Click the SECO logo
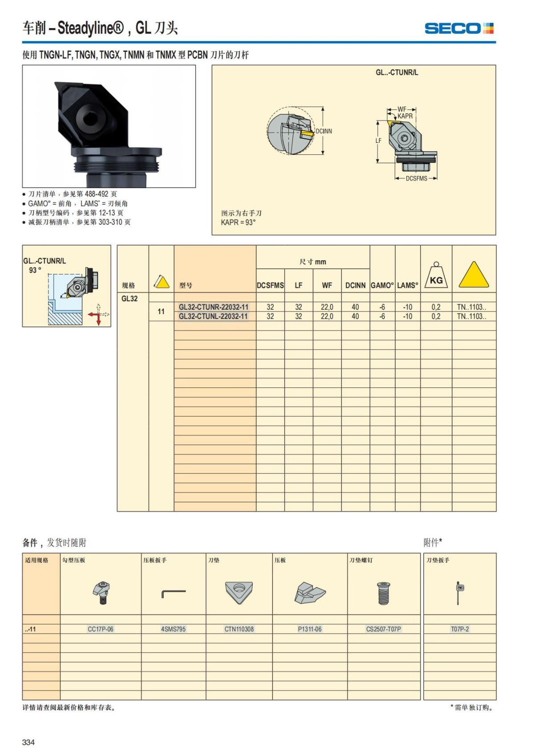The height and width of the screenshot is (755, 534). point(459,28)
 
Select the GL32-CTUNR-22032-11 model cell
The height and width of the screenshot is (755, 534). point(214,307)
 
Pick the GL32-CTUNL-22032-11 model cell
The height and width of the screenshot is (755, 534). point(214,316)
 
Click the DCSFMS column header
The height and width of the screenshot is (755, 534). point(270,286)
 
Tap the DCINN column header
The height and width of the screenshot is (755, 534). point(355,286)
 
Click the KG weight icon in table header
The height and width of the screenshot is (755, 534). point(436,276)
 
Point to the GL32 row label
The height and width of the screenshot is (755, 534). point(129,299)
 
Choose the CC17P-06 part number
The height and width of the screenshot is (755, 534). point(101,629)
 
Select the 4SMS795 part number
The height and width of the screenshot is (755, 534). point(173,629)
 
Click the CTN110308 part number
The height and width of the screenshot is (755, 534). point(239,629)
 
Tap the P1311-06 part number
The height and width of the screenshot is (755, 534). point(310,629)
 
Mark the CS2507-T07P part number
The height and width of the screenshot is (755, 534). point(384,629)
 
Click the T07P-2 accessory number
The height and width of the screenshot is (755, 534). point(460,629)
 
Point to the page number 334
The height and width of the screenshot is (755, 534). point(28,742)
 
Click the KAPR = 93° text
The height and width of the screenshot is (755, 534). point(238,222)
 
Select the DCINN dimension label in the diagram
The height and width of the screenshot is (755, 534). point(324,131)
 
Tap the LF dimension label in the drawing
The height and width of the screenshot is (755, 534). point(378,141)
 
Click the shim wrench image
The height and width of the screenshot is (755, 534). point(459,593)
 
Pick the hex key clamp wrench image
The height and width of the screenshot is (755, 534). point(173,593)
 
